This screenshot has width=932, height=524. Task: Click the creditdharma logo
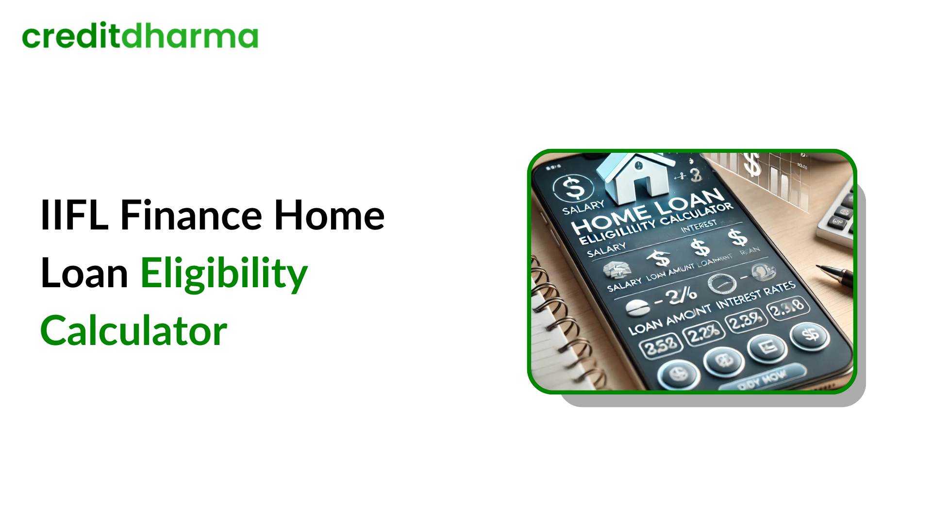pyautogui.click(x=140, y=36)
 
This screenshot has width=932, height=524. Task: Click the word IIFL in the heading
pyautogui.click(x=74, y=215)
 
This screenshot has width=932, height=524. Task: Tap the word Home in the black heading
pyautogui.click(x=329, y=215)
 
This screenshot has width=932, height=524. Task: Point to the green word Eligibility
pyautogui.click(x=224, y=273)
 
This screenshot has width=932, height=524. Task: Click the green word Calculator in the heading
pyautogui.click(x=133, y=331)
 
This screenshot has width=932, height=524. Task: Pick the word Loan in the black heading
pyautogui.click(x=84, y=273)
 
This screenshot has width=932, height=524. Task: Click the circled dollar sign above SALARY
pyautogui.click(x=573, y=188)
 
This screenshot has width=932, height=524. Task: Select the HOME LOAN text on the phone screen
pyautogui.click(x=648, y=211)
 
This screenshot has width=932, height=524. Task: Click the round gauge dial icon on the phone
pyautogui.click(x=721, y=283)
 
